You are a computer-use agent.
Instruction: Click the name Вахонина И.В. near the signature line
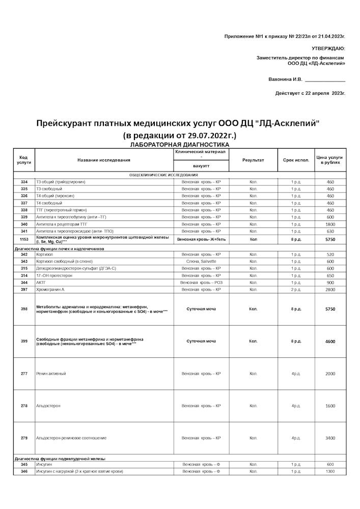(x=285, y=79)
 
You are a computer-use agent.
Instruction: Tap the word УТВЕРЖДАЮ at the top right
(x=328, y=48)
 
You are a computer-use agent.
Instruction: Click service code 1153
(x=24, y=239)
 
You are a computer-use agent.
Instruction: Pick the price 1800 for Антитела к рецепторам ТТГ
(x=330, y=224)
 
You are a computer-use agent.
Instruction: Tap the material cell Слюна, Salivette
(x=201, y=261)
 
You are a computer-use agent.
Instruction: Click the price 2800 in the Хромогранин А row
(x=330, y=290)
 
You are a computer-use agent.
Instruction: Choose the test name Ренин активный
(x=51, y=374)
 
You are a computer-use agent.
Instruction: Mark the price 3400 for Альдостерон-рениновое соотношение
(x=330, y=438)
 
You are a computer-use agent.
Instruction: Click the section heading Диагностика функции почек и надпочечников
(x=60, y=249)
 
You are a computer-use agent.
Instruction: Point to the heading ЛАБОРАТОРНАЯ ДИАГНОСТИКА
(x=180, y=145)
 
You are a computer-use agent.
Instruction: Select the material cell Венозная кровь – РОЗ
(x=201, y=282)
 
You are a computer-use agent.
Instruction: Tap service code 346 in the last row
(x=24, y=471)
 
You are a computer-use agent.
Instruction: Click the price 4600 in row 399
(x=330, y=342)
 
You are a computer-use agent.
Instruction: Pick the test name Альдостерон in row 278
(x=48, y=406)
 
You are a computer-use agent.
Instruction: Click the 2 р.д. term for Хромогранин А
(x=296, y=290)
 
